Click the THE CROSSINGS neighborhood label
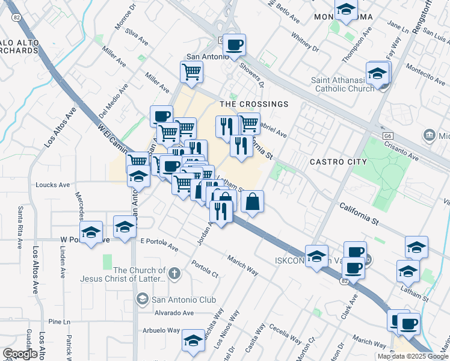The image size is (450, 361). (254, 104)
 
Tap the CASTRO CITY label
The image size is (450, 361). (338, 162)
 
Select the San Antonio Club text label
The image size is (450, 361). (183, 298)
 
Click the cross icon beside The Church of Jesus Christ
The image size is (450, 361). (174, 274)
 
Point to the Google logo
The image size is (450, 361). (19, 354)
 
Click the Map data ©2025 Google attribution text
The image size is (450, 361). (413, 356)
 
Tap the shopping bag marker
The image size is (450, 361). (252, 202)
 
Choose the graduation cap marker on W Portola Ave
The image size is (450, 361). (91, 233)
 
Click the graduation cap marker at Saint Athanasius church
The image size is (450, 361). (378, 74)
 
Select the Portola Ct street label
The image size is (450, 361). (205, 268)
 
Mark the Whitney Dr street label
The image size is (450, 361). (305, 42)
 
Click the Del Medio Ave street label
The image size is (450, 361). (114, 99)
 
